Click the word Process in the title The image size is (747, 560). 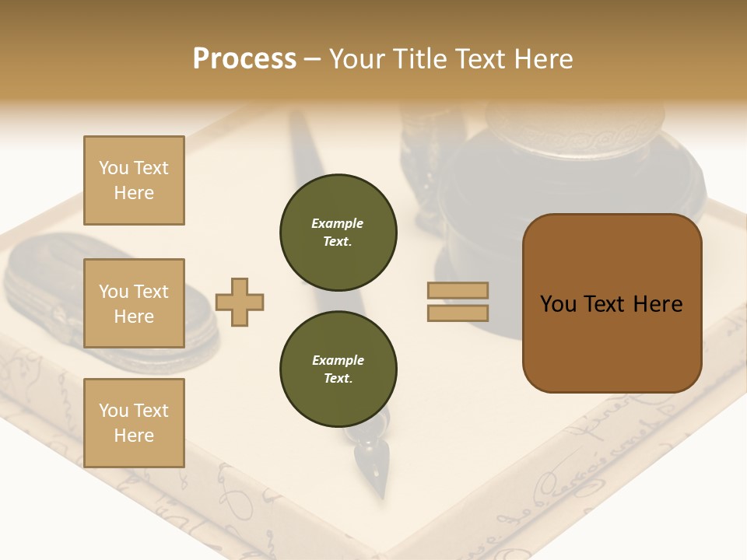244,59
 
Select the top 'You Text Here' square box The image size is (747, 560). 134,180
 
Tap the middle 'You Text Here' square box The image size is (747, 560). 134,303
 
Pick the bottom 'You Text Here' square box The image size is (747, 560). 134,423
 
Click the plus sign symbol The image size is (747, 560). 240,302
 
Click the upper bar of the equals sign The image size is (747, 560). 458,290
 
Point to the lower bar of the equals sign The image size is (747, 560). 458,313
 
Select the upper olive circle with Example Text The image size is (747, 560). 338,233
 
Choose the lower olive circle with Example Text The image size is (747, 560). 338,369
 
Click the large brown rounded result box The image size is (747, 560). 612,303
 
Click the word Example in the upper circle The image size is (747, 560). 338,223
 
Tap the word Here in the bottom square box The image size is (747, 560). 134,436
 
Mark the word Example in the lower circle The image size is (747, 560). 338,360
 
